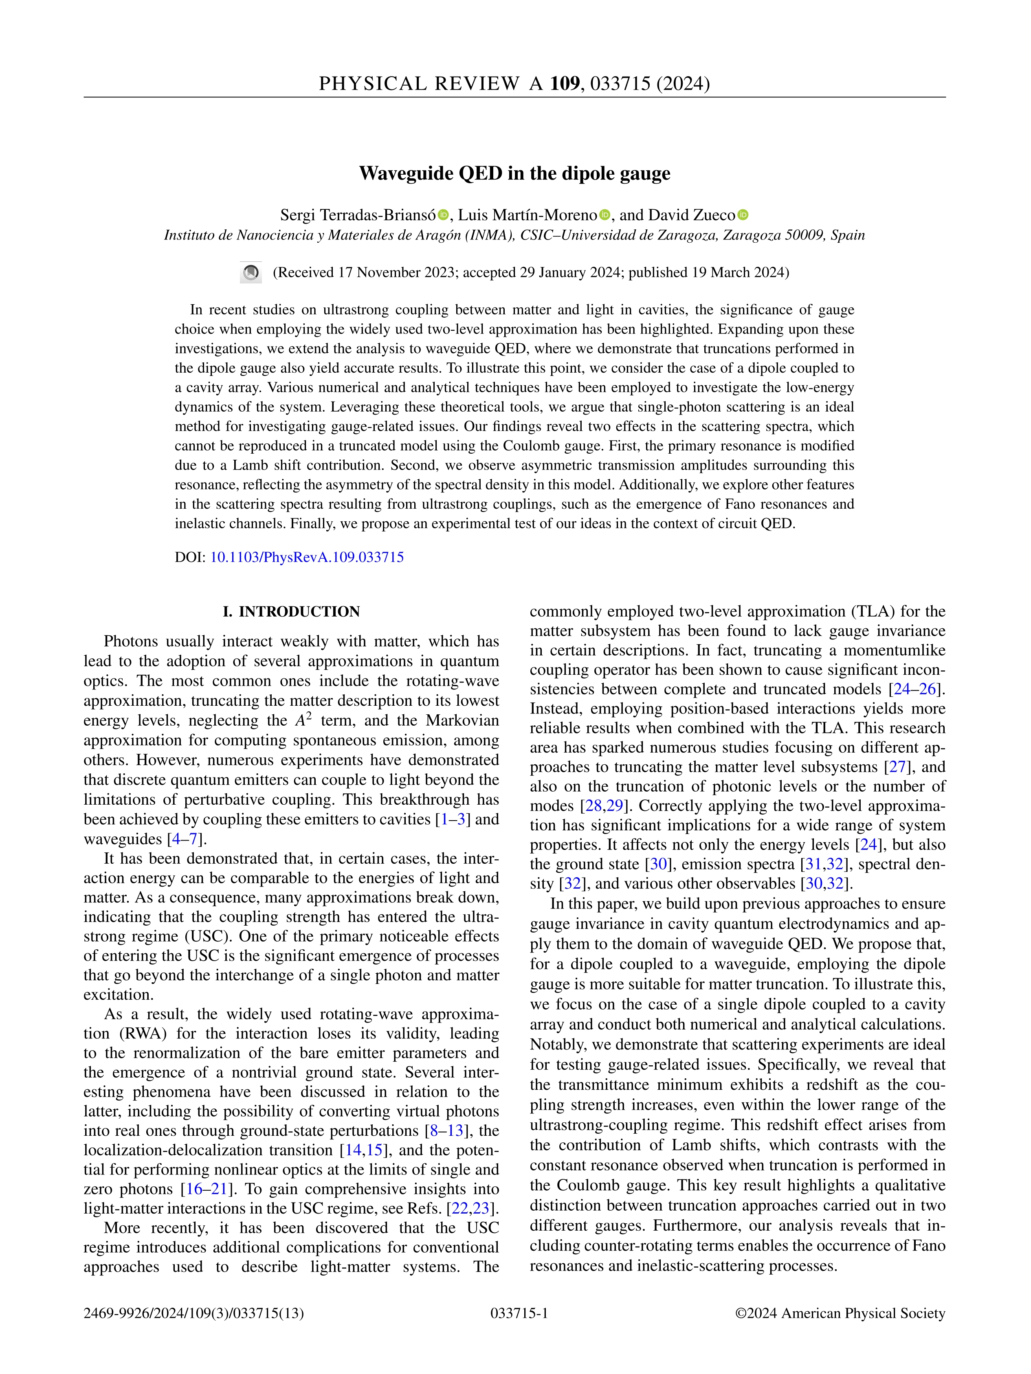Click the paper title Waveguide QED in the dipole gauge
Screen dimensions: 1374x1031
[x=514, y=173]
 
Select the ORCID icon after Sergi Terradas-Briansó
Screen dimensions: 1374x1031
[x=443, y=215]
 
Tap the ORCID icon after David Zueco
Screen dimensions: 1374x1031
[x=743, y=215]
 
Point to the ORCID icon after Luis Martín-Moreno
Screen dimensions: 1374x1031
[x=605, y=215]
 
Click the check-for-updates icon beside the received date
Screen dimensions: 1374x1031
[x=251, y=273]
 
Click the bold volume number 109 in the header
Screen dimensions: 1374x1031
[x=564, y=83]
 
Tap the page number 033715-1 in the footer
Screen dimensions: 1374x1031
[x=519, y=1313]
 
